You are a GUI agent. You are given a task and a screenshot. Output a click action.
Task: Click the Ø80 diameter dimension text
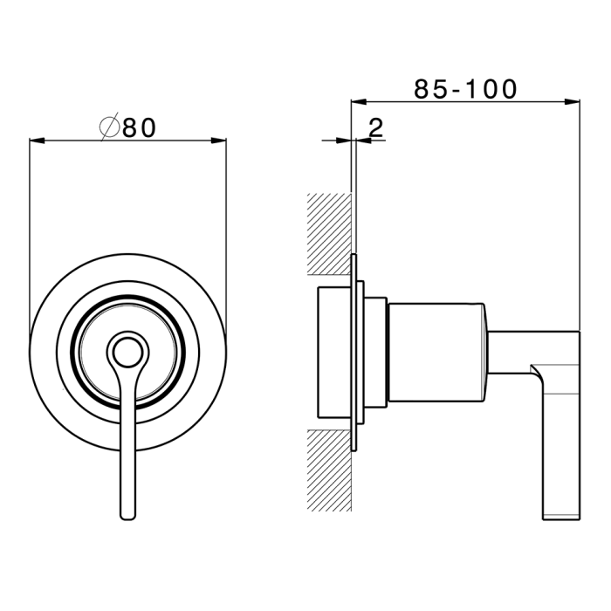[127, 127]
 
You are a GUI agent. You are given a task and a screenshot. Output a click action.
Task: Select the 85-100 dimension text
[465, 89]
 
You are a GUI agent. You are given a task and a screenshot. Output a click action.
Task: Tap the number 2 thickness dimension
[375, 127]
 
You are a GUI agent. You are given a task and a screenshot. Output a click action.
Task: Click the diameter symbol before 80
[109, 127]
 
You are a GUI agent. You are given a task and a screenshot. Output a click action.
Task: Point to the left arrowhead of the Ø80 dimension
[37, 141]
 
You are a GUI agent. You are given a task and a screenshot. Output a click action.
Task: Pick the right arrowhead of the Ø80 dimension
[219, 141]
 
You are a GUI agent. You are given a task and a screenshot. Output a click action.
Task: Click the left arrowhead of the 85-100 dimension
[359, 102]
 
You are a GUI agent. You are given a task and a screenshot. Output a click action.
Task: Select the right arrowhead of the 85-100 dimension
[573, 102]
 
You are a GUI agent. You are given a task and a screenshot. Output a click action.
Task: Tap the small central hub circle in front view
[127, 352]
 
